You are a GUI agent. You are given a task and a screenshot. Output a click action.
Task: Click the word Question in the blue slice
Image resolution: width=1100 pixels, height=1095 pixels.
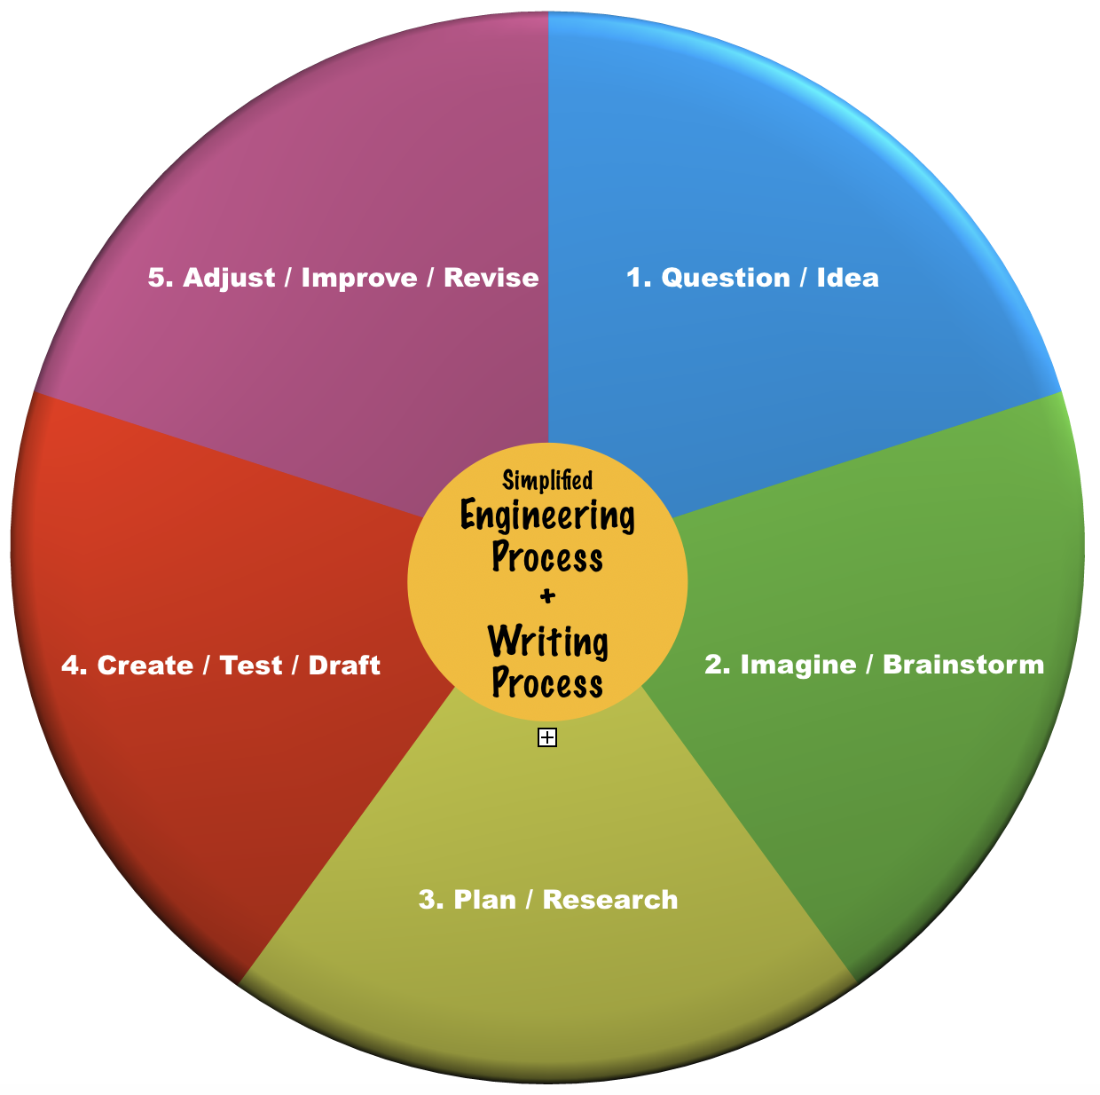coord(725,279)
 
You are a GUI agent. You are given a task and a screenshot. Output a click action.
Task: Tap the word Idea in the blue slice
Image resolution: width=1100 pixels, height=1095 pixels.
coord(847,279)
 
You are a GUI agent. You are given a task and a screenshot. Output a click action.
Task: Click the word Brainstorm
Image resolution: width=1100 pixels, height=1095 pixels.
coord(963,665)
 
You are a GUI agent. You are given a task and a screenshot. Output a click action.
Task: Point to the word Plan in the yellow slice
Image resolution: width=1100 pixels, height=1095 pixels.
coord(484,900)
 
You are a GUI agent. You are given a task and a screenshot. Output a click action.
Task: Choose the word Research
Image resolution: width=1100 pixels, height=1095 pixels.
coord(610,900)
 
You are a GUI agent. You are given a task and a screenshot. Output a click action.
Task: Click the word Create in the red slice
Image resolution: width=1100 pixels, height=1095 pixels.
coord(145,666)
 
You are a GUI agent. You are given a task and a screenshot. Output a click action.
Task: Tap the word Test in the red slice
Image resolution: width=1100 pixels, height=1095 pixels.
coord(250,666)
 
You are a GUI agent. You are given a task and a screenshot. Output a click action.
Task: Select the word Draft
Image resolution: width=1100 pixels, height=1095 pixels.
coord(344,666)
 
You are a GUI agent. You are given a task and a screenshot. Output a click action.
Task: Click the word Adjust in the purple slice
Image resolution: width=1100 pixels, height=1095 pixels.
coord(229,279)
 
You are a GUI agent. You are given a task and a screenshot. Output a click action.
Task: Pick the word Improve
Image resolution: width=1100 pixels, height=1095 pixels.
coord(359,279)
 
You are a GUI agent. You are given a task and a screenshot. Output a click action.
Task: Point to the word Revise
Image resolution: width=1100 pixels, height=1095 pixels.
coord(491,279)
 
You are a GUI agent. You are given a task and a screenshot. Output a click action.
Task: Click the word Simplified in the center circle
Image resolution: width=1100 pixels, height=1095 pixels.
coord(547,481)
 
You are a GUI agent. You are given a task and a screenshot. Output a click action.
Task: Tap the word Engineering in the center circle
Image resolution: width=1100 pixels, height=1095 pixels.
coord(547,516)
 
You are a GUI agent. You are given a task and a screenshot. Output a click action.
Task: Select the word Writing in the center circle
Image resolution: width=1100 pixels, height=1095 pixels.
coord(547,642)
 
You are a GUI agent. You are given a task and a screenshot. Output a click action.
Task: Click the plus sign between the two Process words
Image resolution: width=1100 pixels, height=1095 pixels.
coord(547,596)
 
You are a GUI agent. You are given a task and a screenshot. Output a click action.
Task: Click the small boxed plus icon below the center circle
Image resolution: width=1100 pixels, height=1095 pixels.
coord(547,737)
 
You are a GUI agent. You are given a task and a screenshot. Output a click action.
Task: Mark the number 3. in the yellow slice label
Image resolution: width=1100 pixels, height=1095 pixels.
coord(430,900)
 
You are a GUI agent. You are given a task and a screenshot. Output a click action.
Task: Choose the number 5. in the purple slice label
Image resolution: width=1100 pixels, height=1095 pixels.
coord(160,279)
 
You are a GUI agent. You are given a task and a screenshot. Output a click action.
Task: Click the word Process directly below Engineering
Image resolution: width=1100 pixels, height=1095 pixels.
coord(547,558)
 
